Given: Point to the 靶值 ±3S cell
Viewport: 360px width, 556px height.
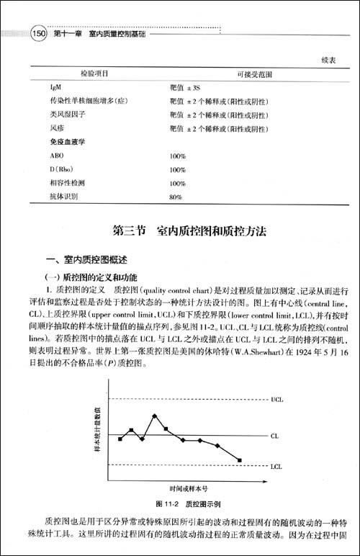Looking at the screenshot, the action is coord(184,87).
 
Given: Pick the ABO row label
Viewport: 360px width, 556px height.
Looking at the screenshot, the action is coord(57,156).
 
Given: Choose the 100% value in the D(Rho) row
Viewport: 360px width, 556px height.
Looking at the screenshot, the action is coord(178,169).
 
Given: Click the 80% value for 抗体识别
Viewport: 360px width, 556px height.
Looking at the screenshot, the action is coord(176,196).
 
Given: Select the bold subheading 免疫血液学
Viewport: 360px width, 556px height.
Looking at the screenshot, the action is coord(66,142).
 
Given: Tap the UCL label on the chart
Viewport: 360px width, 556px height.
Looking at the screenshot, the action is coord(277,398).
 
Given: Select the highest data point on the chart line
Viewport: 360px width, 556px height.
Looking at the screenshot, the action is coord(155,416).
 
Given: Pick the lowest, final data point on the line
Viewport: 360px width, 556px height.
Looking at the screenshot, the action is coord(239,460).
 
